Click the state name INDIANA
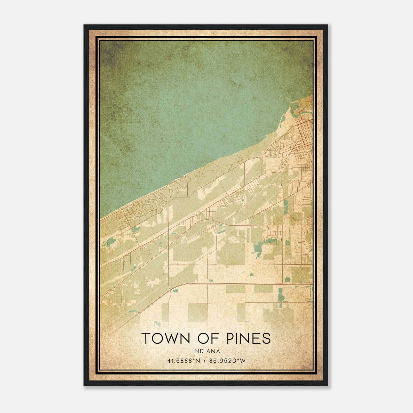tap(206, 351)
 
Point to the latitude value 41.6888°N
tap(184, 361)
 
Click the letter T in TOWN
tap(146, 338)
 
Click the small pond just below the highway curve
tap(176, 291)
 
